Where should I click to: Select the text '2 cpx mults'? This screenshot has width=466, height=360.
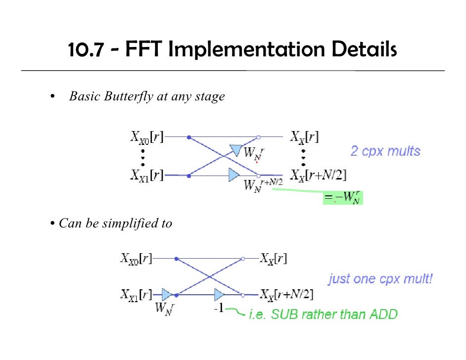tap(385, 151)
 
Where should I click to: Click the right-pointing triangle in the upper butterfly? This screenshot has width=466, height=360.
tap(234, 175)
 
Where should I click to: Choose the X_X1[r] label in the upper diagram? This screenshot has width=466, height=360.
tap(147, 175)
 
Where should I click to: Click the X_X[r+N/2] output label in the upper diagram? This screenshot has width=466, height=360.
tap(318, 175)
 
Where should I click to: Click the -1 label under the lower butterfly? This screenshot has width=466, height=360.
tap(219, 309)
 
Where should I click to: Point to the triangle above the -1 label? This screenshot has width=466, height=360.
tap(219, 295)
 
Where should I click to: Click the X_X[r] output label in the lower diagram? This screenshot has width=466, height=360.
tap(274, 258)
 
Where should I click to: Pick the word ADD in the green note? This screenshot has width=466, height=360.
tap(382, 314)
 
